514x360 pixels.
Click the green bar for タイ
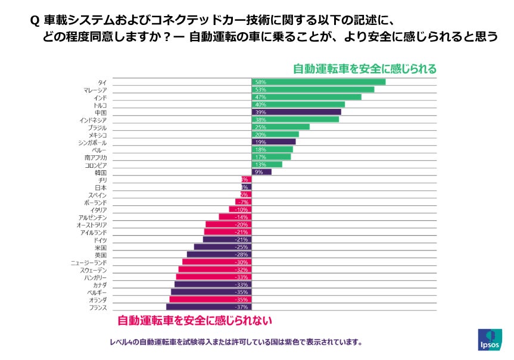(x=318, y=82)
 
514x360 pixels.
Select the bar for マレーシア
(x=313, y=89)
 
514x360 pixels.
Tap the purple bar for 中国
(x=296, y=112)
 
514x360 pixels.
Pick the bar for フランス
(x=208, y=307)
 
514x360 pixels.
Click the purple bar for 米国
(x=222, y=247)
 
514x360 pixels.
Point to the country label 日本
(x=101, y=187)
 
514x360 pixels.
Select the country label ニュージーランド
(x=89, y=262)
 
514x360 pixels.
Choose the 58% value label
(x=260, y=82)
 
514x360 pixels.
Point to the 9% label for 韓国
(x=258, y=172)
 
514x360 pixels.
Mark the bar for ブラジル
(x=281, y=127)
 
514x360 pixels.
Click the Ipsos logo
(x=490, y=339)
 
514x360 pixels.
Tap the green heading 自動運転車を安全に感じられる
(x=365, y=68)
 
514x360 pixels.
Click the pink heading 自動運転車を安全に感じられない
(x=194, y=321)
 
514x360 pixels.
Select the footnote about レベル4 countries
(x=236, y=342)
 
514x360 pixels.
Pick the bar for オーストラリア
(x=227, y=224)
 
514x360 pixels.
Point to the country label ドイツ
(x=101, y=239)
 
